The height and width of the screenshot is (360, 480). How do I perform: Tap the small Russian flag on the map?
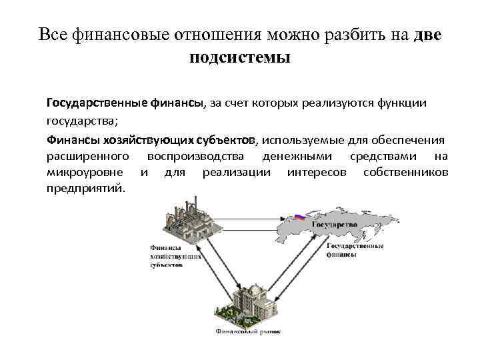click(x=299, y=217)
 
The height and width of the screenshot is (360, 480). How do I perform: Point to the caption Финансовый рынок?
click(x=248, y=330)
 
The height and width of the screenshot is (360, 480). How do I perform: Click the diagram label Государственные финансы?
click(x=355, y=249)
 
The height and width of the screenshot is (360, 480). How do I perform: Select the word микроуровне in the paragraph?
click(x=85, y=173)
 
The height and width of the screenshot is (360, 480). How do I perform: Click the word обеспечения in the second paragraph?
click(x=405, y=140)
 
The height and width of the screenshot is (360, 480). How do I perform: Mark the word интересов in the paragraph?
click(x=317, y=173)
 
